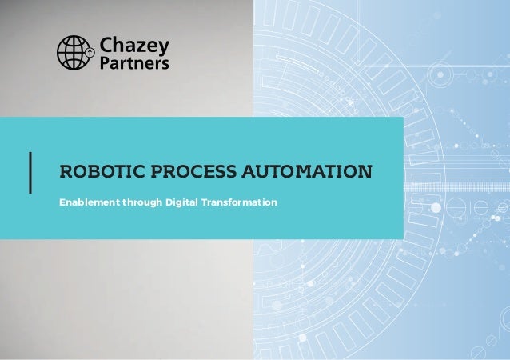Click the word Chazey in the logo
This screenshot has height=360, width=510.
(131, 45)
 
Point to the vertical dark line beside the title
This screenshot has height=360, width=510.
(30, 172)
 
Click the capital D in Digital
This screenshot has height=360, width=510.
(169, 203)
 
